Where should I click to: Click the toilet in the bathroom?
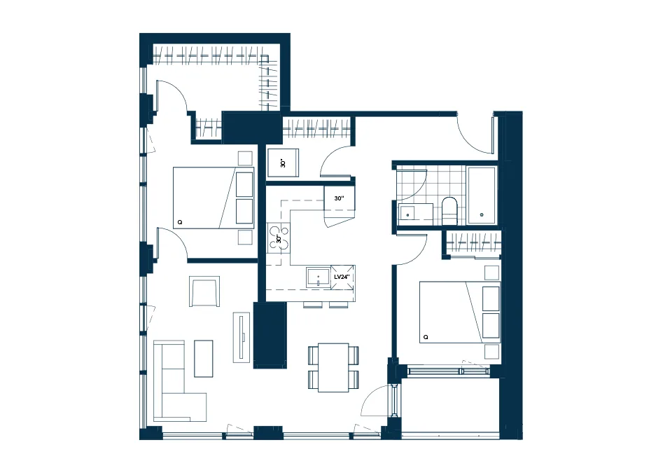pos(449,211)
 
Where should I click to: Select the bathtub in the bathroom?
pos(482,195)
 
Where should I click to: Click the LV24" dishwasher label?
pos(342,277)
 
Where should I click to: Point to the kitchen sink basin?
pos(319,277)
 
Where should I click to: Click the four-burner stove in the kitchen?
pos(279,239)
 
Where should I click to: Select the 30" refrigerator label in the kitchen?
pos(339,198)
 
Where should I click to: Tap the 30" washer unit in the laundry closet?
pos(284,163)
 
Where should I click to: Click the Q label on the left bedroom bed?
pos(180,222)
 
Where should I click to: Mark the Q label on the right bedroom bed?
pos(426,337)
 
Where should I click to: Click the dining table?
pos(333,367)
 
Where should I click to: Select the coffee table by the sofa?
pos(204,358)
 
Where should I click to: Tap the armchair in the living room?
pos(204,291)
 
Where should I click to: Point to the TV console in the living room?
pos(242,337)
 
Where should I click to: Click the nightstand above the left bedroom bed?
pos(245,158)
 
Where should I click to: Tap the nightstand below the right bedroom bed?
pos(491,352)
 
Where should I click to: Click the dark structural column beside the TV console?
pos(270,335)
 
